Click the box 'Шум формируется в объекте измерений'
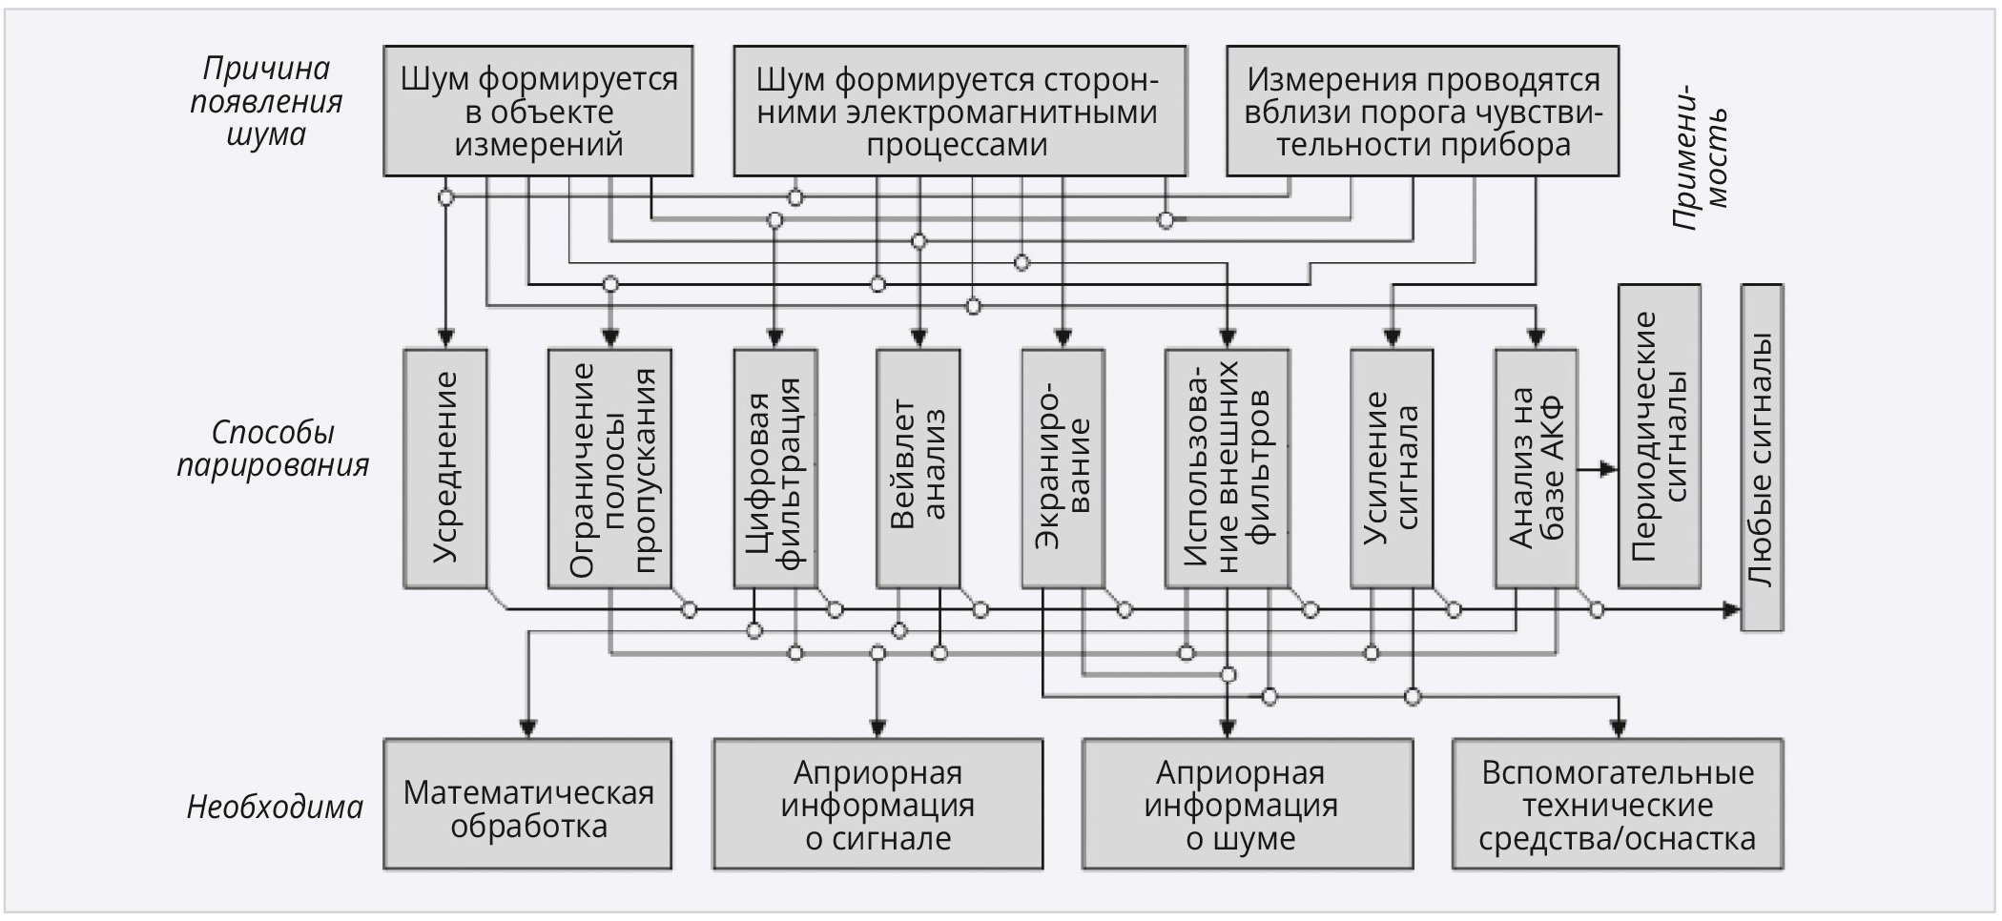click(x=538, y=111)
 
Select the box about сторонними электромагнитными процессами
click(x=959, y=111)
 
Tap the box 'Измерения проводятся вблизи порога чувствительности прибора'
click(x=1422, y=111)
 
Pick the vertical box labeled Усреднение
click(x=445, y=467)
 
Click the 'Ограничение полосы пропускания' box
click(x=610, y=467)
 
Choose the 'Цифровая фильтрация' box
click(x=774, y=467)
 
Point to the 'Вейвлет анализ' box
click(x=918, y=467)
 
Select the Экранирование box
click(x=1063, y=467)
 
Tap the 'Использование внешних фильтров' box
click(x=1228, y=467)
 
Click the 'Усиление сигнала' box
click(x=1392, y=467)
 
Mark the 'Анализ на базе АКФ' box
click(x=1536, y=467)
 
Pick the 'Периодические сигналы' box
click(x=1659, y=436)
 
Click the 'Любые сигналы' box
click(x=1762, y=458)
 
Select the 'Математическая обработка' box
click(x=527, y=804)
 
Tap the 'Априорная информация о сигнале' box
click(x=877, y=804)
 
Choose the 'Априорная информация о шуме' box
click(x=1247, y=804)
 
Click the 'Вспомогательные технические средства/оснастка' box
click(x=1617, y=804)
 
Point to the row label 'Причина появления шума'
click(x=266, y=101)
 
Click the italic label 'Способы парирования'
click(x=273, y=448)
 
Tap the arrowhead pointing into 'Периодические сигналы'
click(x=1610, y=469)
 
